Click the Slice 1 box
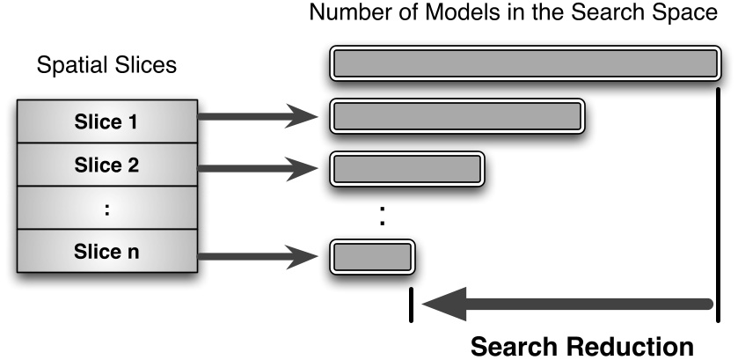point(105,121)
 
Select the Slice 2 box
point(105,165)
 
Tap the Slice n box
point(105,252)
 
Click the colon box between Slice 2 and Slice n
point(105,209)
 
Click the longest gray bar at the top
point(526,63)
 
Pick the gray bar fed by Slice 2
point(406,167)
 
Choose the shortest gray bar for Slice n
point(371,256)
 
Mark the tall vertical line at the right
point(720,202)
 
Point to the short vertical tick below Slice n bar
point(410,305)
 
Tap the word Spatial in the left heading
point(63,66)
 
